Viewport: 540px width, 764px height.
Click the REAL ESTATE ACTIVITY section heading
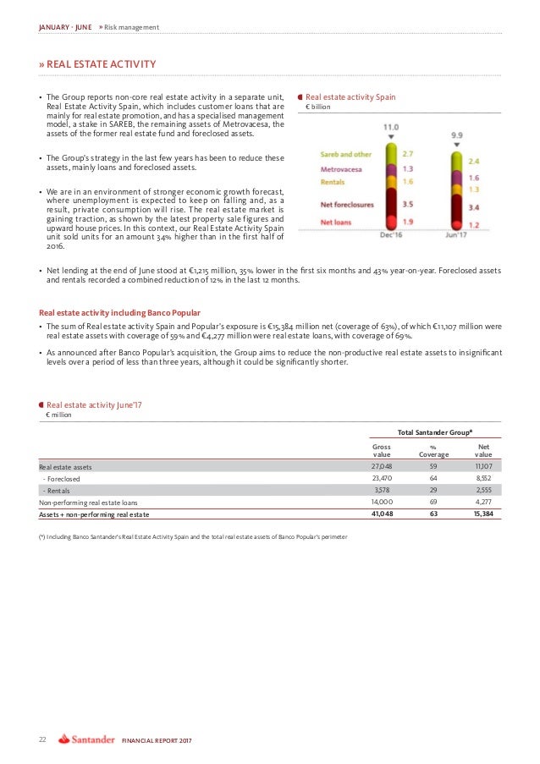[101, 63]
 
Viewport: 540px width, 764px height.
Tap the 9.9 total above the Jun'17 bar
[456, 134]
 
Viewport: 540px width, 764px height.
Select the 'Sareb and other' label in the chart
[344, 155]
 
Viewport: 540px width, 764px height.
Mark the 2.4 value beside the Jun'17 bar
[472, 160]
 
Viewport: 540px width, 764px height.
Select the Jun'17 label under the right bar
[455, 234]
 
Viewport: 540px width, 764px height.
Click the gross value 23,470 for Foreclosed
[382, 477]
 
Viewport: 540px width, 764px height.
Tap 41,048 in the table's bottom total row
[381, 514]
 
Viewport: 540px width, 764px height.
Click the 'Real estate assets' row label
[66, 466]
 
